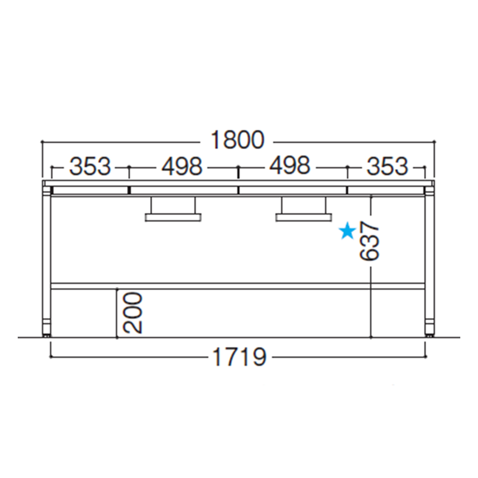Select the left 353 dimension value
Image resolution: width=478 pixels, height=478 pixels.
(x=90, y=166)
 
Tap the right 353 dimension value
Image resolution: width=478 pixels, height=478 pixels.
(x=387, y=166)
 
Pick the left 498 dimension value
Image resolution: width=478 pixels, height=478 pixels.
(x=182, y=166)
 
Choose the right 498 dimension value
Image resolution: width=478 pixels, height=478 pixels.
(x=290, y=166)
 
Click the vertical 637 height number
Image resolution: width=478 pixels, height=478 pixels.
(x=369, y=241)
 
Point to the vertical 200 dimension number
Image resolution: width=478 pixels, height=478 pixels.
(x=133, y=312)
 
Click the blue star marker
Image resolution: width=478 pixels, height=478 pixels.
(x=347, y=232)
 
